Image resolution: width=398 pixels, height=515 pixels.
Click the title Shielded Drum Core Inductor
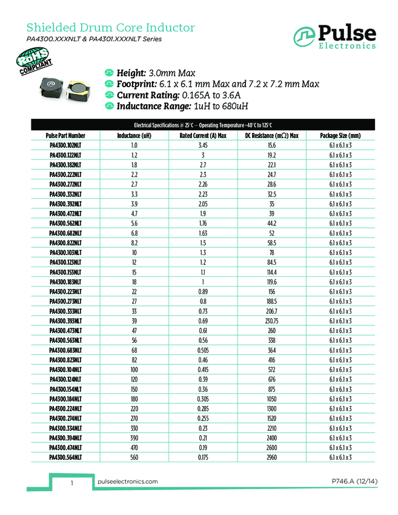click(111, 28)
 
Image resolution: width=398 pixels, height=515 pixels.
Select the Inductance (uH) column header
click(134, 136)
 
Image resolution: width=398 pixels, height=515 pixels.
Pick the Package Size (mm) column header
click(340, 136)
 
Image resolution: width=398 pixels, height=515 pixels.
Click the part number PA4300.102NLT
click(65, 145)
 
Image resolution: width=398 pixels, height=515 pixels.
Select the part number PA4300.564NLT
click(65, 457)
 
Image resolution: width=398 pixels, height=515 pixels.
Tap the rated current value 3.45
click(203, 145)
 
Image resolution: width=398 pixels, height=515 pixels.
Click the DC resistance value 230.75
click(271, 321)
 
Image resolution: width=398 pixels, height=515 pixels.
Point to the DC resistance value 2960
click(271, 457)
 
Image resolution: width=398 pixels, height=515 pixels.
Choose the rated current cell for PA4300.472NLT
click(203, 214)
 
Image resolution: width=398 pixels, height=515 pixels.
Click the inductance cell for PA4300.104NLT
click(134, 370)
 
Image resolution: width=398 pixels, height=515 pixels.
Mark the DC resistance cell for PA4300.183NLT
click(271, 282)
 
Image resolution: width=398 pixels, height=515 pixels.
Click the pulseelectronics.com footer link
click(127, 481)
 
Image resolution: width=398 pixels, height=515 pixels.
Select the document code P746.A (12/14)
click(350, 481)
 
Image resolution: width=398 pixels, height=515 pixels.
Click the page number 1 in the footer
click(72, 483)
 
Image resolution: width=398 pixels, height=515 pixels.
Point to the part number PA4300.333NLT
click(65, 311)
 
